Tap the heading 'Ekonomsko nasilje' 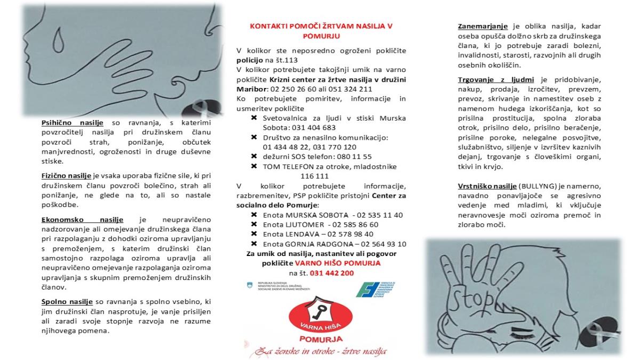point(82,219)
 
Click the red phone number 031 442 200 point(331,273)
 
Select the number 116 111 point(315,175)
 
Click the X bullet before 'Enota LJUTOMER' point(254,225)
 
